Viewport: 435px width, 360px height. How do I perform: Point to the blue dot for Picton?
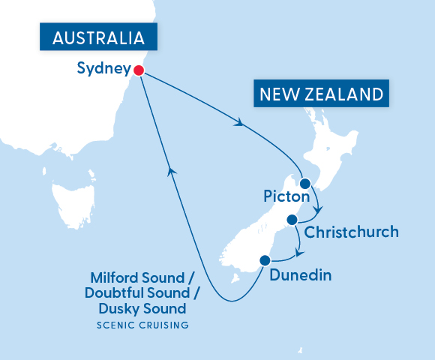pyautogui.click(x=304, y=183)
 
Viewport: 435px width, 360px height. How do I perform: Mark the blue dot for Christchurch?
pyautogui.click(x=292, y=220)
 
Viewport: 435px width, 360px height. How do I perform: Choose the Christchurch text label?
pyautogui.click(x=352, y=232)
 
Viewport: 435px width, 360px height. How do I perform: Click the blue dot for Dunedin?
pyautogui.click(x=264, y=260)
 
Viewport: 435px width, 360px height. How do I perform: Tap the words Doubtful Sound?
pyautogui.click(x=132, y=292)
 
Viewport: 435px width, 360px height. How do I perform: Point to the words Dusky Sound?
pyautogui.click(x=142, y=308)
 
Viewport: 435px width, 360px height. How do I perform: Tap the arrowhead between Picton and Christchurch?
pyautogui.click(x=319, y=209)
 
